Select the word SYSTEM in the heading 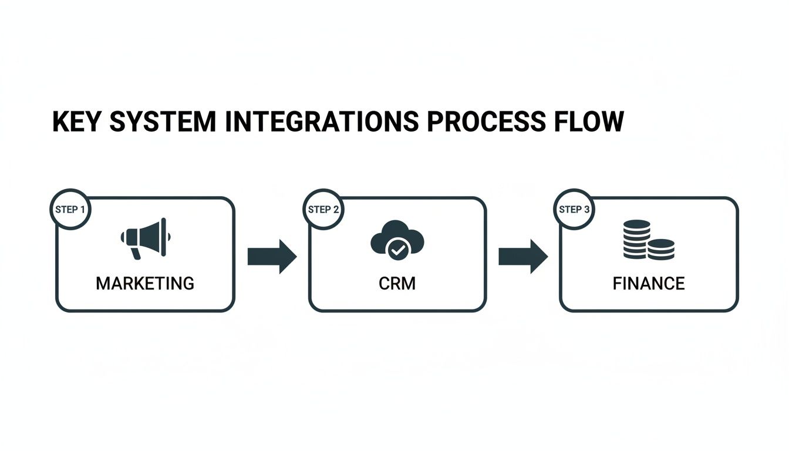click(x=163, y=122)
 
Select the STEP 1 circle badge click(x=70, y=209)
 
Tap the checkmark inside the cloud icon click(x=397, y=250)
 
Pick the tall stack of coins click(x=636, y=239)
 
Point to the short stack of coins click(x=661, y=249)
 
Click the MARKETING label click(x=145, y=284)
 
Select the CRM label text click(x=397, y=284)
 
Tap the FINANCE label click(x=649, y=284)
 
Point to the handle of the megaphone click(x=136, y=253)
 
